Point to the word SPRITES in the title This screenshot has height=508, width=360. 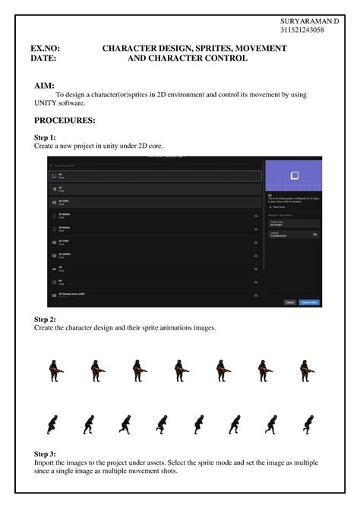coord(210,49)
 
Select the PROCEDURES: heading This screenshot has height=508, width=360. coord(65,121)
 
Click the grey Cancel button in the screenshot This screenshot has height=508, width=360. coord(289,301)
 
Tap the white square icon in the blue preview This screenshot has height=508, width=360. coord(294,176)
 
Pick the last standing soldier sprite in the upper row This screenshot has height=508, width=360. coord(305,371)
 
